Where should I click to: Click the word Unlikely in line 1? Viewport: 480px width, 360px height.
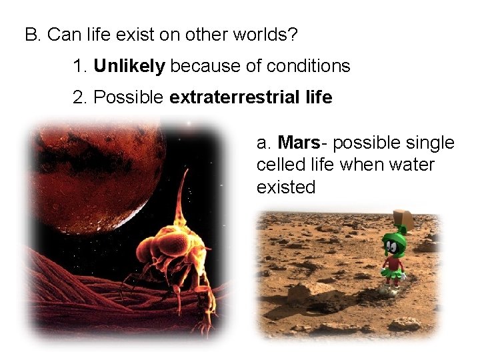coord(129,66)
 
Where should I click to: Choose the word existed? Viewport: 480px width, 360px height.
coord(285,187)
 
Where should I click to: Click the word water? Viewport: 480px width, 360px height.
coord(410,165)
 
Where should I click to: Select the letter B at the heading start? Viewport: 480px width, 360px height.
coord(31,34)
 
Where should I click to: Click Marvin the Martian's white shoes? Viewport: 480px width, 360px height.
coord(390,289)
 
